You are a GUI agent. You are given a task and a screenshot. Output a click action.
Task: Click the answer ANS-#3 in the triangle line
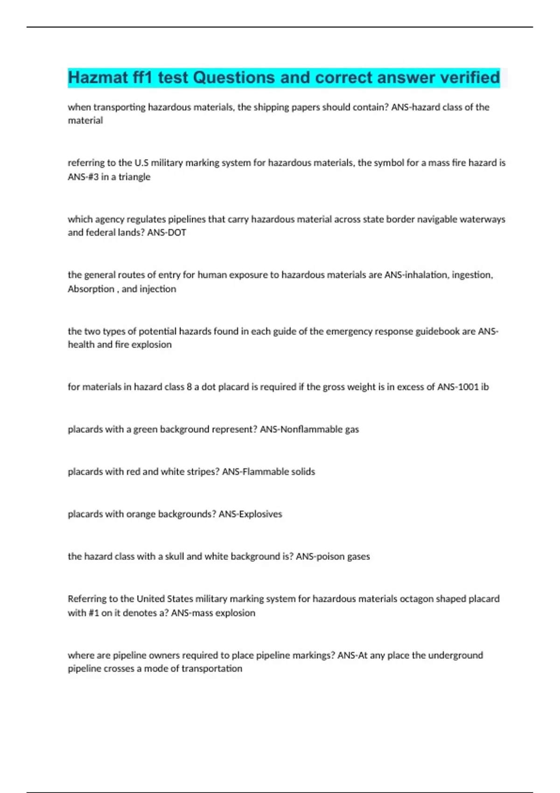(82, 177)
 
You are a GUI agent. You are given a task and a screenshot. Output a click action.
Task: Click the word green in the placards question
(145, 429)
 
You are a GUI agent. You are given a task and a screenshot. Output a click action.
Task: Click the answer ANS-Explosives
(251, 514)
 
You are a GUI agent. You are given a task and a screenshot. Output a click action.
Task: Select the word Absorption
(91, 289)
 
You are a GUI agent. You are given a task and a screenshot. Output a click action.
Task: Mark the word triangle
(134, 177)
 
